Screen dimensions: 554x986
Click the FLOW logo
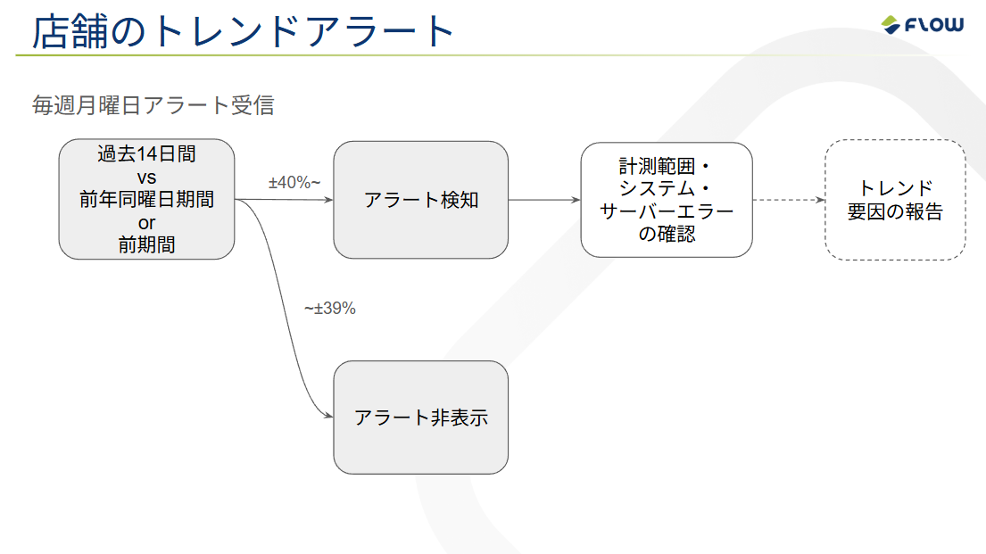(922, 25)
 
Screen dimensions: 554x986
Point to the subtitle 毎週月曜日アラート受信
(153, 106)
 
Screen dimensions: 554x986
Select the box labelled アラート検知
(420, 200)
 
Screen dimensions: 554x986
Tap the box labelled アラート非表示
(420, 417)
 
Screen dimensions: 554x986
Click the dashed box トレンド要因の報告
(894, 200)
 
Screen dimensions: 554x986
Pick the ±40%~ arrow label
(294, 183)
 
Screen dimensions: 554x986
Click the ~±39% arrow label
(330, 309)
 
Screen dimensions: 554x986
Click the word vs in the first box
(146, 177)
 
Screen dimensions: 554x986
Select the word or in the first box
(146, 223)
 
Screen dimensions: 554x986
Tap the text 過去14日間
(146, 153)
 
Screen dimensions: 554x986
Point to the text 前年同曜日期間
(146, 200)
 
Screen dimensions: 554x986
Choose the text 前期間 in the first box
(146, 245)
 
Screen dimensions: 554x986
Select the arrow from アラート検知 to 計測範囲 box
(544, 200)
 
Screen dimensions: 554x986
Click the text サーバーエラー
(667, 212)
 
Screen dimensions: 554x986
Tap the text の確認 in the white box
(667, 235)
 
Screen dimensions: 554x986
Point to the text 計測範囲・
(667, 167)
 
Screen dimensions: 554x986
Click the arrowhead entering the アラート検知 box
(327, 200)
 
